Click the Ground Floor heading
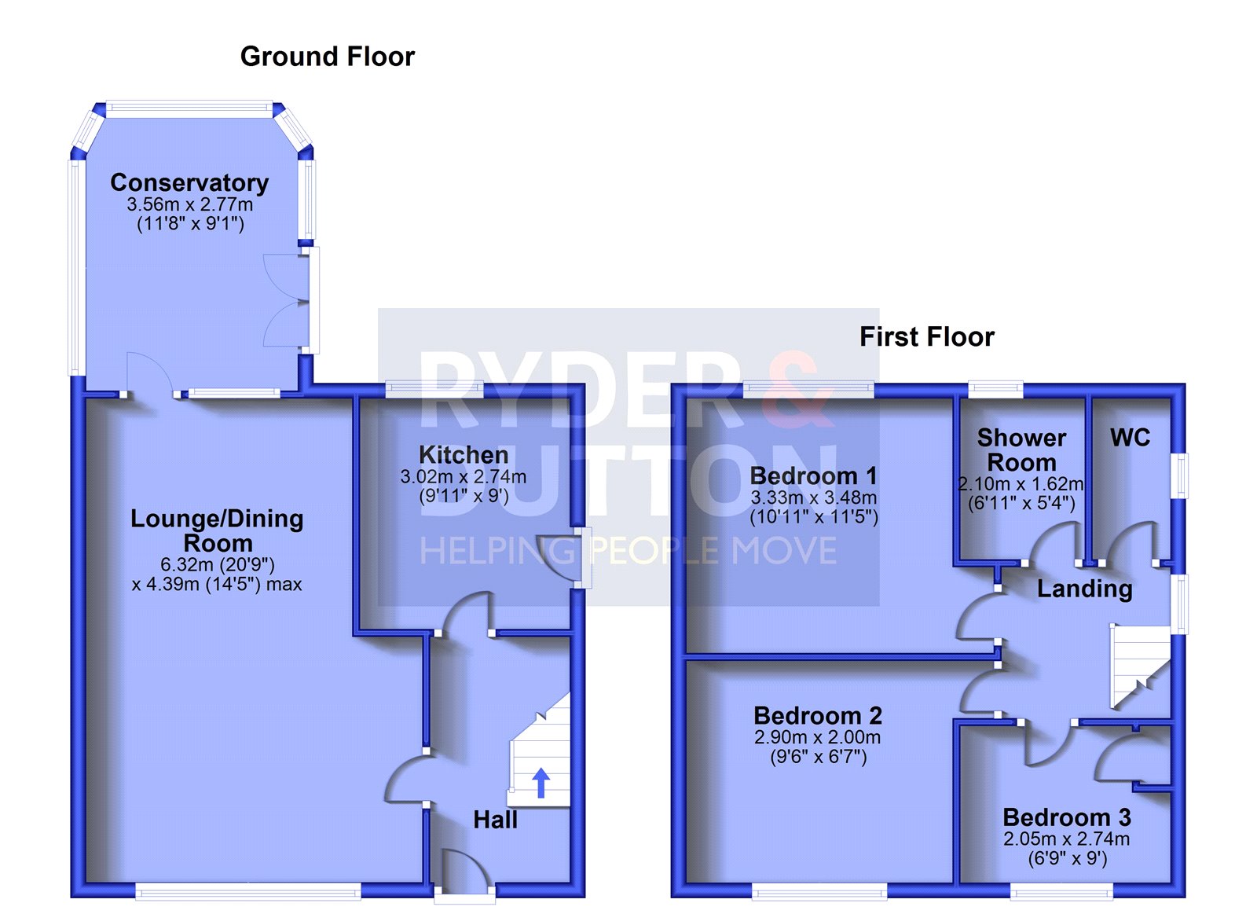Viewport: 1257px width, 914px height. click(x=327, y=57)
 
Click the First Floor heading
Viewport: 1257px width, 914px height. click(x=927, y=337)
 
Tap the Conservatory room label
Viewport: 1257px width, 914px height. click(x=189, y=182)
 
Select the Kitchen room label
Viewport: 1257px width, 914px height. click(x=464, y=455)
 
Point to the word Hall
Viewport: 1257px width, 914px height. click(x=495, y=820)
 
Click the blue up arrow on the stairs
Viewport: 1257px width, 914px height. click(x=541, y=784)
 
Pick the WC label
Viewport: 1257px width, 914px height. click(x=1131, y=437)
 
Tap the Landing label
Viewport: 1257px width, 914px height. click(x=1085, y=589)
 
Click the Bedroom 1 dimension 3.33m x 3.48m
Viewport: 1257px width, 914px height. click(x=814, y=497)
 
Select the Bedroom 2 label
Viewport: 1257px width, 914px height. click(x=818, y=716)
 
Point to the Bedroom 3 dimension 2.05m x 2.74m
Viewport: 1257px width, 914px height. click(x=1067, y=839)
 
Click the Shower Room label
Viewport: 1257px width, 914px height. click(x=1021, y=450)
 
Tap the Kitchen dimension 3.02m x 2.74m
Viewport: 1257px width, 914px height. click(x=464, y=477)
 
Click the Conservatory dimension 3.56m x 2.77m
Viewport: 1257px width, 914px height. click(x=189, y=204)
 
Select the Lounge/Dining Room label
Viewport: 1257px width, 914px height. click(x=217, y=530)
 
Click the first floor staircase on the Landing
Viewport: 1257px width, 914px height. click(x=1140, y=666)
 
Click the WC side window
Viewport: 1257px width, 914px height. click(x=1182, y=475)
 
